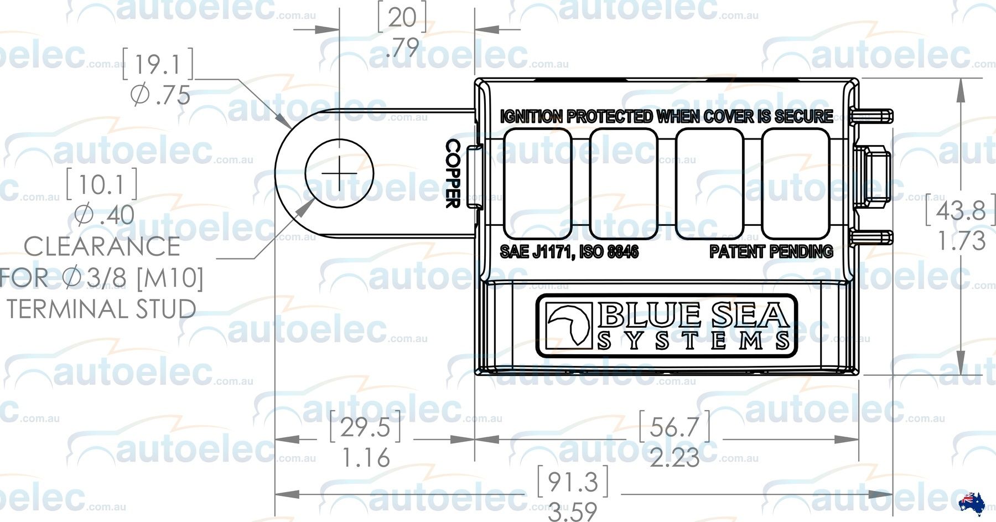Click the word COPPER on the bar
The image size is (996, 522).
(453, 173)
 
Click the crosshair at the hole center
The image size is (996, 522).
(339, 173)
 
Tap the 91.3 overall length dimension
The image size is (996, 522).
(573, 482)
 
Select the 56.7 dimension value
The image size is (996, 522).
(674, 427)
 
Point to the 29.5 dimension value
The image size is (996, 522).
(365, 427)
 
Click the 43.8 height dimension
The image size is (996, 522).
(961, 210)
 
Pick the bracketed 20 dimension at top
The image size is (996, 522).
(402, 18)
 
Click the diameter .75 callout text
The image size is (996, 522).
(160, 96)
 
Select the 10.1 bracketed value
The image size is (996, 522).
(102, 185)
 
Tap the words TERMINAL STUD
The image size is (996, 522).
(101, 309)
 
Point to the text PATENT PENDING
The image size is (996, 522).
(771, 252)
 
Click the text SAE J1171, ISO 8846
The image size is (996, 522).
(569, 252)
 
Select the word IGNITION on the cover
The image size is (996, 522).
(531, 117)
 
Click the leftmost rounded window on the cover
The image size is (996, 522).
(537, 183)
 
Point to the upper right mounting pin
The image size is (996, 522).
(873, 116)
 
